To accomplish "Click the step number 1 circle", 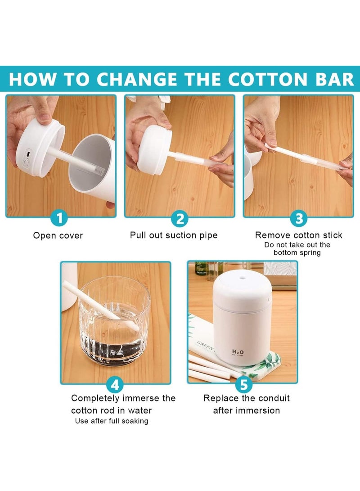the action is [59, 218].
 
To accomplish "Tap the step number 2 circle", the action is [180, 219].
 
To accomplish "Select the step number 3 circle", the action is [299, 219].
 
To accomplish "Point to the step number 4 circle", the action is [115, 384].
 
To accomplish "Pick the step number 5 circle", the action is [243, 384].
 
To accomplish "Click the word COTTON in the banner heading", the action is [267, 79].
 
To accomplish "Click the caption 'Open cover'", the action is [58, 235].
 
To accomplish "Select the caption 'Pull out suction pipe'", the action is [174, 235].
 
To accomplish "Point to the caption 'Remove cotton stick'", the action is [299, 235].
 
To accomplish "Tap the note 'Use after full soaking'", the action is [112, 421].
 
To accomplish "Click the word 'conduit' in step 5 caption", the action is [274, 398].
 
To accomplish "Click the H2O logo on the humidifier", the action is [238, 352].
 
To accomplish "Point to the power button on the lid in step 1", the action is [26, 163].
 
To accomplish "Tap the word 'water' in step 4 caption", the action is [139, 410].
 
